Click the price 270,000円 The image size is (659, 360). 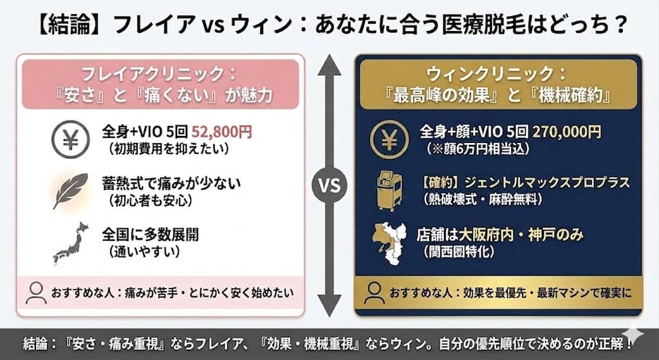tap(566, 131)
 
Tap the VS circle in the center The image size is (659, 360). tap(329, 186)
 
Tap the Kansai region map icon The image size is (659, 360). tap(391, 242)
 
